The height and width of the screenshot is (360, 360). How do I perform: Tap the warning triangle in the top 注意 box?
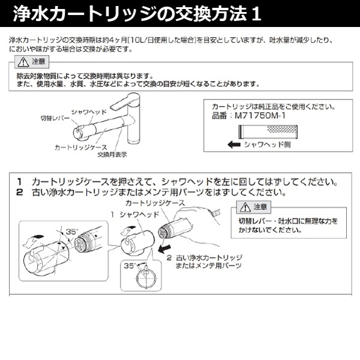(x=22, y=62)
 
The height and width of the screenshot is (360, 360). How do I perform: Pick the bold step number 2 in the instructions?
(x=20, y=193)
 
